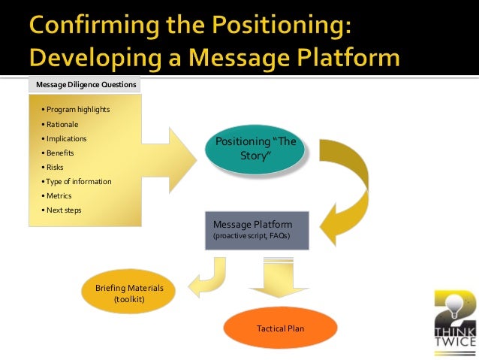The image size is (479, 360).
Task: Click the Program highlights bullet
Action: point(77,110)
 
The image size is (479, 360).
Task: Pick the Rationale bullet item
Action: point(62,124)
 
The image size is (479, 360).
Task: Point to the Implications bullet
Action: point(67,139)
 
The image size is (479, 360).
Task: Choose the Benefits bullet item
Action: point(61,153)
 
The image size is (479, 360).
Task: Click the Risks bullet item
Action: point(57,167)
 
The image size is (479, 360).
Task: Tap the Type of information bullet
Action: point(79,181)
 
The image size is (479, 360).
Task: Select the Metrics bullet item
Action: point(59,195)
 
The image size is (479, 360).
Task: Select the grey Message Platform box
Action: point(257,229)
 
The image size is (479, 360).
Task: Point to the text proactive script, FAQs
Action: point(252,236)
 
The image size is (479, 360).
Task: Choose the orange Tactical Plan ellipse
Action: point(280,328)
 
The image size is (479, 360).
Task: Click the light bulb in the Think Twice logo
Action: point(453,304)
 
